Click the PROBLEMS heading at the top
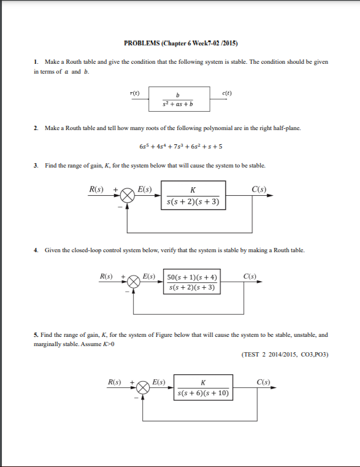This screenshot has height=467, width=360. pos(180,44)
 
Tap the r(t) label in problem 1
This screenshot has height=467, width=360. pos(135,93)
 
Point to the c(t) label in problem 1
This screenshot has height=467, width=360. pos(226,93)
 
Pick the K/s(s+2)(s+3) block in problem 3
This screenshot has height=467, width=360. pos(193,195)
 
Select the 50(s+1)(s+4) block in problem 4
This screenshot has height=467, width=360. pos(193,282)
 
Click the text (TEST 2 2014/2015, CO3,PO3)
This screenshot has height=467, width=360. pos(286,354)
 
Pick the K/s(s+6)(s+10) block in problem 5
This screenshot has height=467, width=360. pos(203,387)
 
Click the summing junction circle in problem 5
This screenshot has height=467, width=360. pos(143,387)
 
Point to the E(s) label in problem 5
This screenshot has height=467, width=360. pos(159,382)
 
